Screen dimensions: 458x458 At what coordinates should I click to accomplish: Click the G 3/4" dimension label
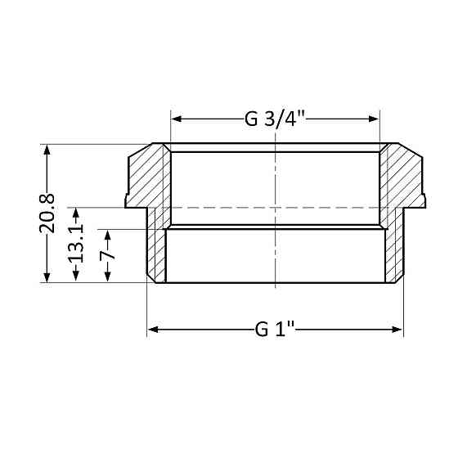point(275,119)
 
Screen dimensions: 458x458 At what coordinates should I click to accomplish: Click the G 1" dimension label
point(275,330)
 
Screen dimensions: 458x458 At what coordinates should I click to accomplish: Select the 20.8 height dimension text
point(47,213)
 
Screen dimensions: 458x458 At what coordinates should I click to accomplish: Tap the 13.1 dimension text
point(76,245)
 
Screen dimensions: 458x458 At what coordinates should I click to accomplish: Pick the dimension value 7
point(106,256)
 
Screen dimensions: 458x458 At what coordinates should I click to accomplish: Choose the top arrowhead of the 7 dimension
point(106,233)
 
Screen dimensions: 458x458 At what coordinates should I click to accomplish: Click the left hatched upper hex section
point(148,176)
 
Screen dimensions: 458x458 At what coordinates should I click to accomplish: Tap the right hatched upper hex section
point(402,176)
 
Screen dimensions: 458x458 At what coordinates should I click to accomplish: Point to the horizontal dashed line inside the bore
point(245,208)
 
